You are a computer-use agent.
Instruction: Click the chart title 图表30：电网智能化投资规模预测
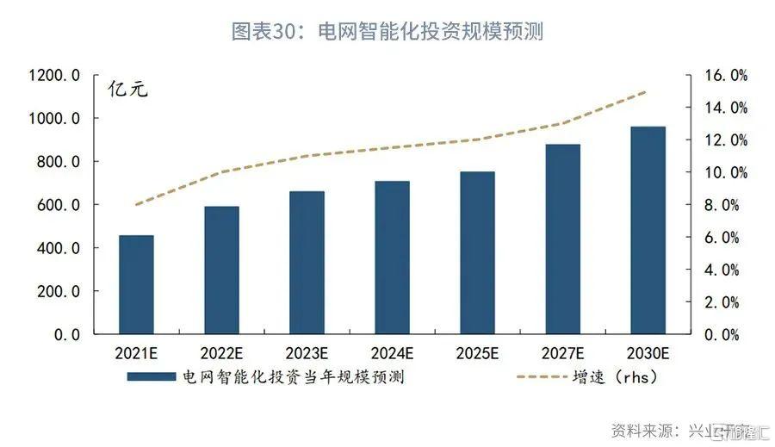387,32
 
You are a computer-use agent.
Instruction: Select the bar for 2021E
136,284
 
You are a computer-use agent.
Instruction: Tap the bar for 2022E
221,270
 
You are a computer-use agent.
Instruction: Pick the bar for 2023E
307,263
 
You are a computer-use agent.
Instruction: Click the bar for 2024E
392,258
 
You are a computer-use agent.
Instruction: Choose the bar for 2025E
477,252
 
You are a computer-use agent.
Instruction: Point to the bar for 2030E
648,230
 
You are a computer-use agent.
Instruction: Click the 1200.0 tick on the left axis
53,76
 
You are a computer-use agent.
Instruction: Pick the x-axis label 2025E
477,352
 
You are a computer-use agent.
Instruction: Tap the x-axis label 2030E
648,352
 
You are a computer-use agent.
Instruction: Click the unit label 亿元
127,89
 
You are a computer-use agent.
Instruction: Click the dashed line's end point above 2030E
648,91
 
